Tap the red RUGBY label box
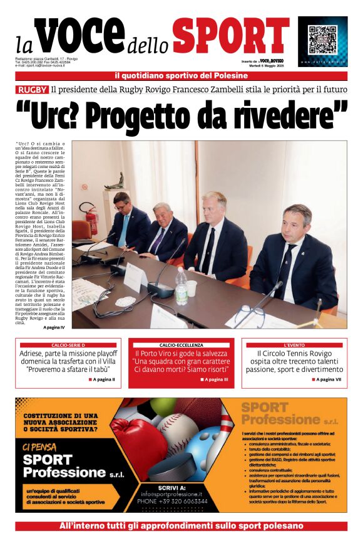click(x=33, y=89)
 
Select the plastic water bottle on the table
click(x=181, y=285)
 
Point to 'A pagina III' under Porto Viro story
click(x=215, y=379)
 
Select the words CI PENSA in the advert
click(x=39, y=447)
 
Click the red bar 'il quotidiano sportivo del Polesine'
click(x=181, y=76)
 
